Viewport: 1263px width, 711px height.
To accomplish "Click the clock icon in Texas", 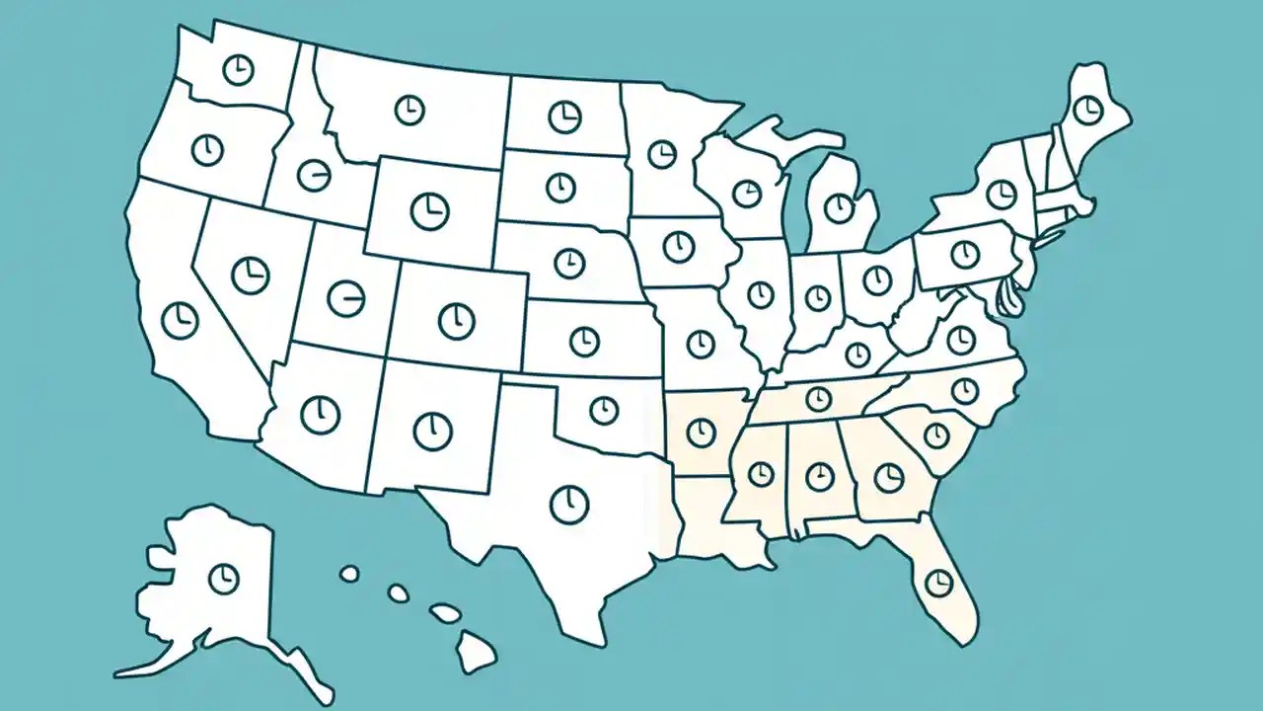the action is tap(568, 505).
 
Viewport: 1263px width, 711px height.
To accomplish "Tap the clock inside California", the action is tap(181, 319).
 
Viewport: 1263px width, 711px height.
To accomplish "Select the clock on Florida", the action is tap(939, 581).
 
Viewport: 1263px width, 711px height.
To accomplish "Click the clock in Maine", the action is tap(1087, 110).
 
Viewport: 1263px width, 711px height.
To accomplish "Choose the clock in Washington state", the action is tap(238, 69).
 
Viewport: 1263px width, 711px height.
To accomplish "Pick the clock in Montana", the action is tap(409, 110).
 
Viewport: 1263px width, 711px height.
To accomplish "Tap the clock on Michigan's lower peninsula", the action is tap(839, 208).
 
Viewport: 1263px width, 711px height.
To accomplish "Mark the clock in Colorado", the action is tap(456, 320).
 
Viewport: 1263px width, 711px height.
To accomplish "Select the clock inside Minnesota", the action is tap(661, 154).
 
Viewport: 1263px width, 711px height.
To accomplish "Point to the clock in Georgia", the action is tap(889, 478).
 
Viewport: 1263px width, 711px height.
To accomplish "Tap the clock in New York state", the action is tap(1001, 194).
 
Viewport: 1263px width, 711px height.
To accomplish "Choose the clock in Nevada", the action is tap(251, 274).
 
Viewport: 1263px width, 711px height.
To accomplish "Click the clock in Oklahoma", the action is tap(603, 409).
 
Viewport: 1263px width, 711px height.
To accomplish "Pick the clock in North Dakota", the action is tap(564, 117).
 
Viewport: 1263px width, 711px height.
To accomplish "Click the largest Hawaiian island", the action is tap(475, 650).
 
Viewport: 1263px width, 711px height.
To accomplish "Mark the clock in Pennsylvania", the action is tap(964, 254).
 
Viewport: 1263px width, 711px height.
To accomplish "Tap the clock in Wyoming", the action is tap(429, 210).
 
